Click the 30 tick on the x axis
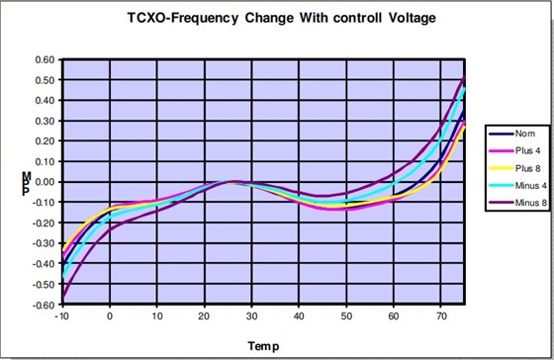(x=252, y=316)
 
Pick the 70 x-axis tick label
(x=440, y=316)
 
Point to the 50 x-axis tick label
(x=346, y=316)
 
